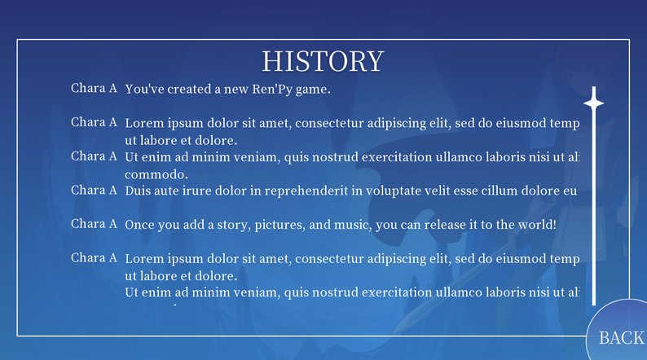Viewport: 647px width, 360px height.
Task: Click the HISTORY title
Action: [x=322, y=61]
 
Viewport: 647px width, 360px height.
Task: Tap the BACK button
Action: [x=621, y=337]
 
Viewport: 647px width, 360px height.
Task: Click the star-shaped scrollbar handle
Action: [x=594, y=103]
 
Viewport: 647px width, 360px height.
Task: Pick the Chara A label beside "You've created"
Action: [x=94, y=88]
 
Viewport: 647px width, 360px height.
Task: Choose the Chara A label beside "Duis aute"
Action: [x=94, y=190]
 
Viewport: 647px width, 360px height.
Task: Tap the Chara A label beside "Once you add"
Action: [x=94, y=223]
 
